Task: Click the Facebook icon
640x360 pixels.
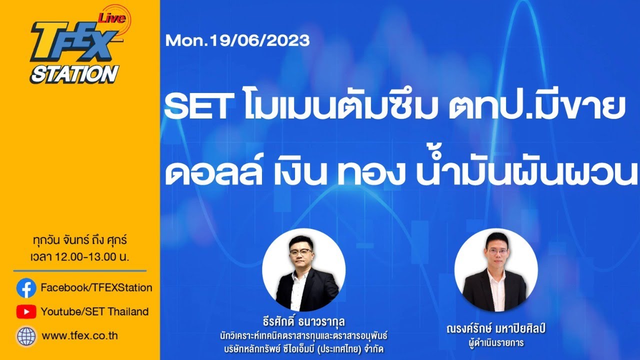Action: pos(26,288)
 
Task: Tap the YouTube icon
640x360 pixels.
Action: pos(26,312)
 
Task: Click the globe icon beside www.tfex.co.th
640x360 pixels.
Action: pos(26,335)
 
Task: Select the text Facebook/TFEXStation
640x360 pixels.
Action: pos(96,288)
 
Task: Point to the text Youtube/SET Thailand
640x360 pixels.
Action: pos(94,312)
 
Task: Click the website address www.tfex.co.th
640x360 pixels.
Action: pos(80,336)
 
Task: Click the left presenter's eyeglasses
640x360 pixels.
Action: pos(300,252)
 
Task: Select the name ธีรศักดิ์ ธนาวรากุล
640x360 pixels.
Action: pos(303,320)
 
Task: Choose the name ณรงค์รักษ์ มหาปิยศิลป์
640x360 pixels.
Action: pos(494,329)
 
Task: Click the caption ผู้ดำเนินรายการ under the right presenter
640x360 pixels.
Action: pos(494,343)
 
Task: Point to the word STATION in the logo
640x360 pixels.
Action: pos(73,73)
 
